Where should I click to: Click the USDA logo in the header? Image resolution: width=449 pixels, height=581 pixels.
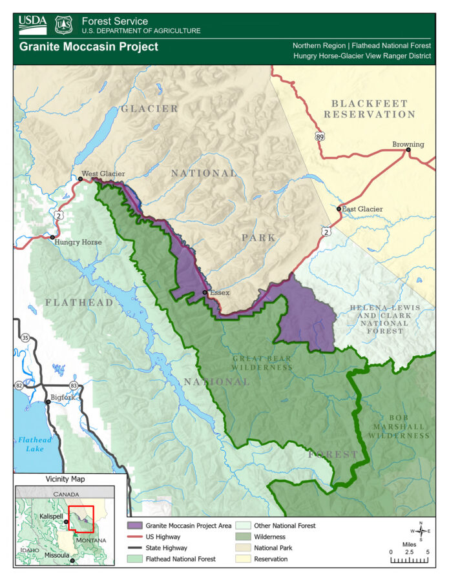coord(32,25)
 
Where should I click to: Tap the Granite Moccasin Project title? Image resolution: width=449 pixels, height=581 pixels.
coord(89,47)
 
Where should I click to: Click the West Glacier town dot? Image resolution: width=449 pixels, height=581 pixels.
coord(79,179)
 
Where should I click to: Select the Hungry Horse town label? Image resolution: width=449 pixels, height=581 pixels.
coord(78,242)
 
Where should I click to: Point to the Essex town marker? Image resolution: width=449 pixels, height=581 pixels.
coord(205,293)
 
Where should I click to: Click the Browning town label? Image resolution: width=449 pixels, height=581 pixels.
coord(408,144)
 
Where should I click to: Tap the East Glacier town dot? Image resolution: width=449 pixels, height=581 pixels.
coord(339,209)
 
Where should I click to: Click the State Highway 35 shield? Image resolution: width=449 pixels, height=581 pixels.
coord(25,337)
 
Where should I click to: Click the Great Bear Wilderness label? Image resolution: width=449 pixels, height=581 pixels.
coord(262,363)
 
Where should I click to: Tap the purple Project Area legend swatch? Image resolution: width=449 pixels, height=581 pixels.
coord(134,526)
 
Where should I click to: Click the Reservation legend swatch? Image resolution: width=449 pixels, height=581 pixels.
coord(243,559)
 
